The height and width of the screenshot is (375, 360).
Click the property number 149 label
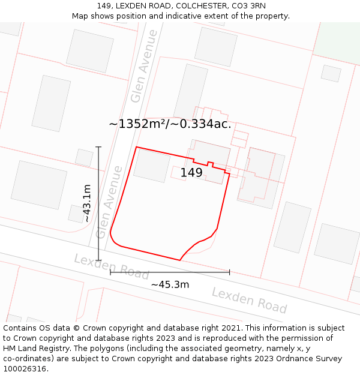(x=191, y=173)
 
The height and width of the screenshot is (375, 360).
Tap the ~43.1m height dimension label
(x=87, y=203)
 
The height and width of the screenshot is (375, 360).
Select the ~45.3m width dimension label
(x=170, y=284)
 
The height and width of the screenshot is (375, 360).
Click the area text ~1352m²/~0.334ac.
(x=170, y=124)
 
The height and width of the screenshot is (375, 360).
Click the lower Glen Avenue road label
(x=109, y=202)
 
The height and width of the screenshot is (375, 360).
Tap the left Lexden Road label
(x=111, y=267)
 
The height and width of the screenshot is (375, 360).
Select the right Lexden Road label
(x=249, y=300)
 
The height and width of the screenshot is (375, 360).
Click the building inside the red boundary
(x=151, y=165)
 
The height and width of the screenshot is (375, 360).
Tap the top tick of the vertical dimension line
(x=98, y=146)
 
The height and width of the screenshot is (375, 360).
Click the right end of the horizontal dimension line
(x=229, y=272)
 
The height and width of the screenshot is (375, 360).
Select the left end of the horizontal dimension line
(x=110, y=272)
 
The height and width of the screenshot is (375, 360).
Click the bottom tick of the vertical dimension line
(x=98, y=260)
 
